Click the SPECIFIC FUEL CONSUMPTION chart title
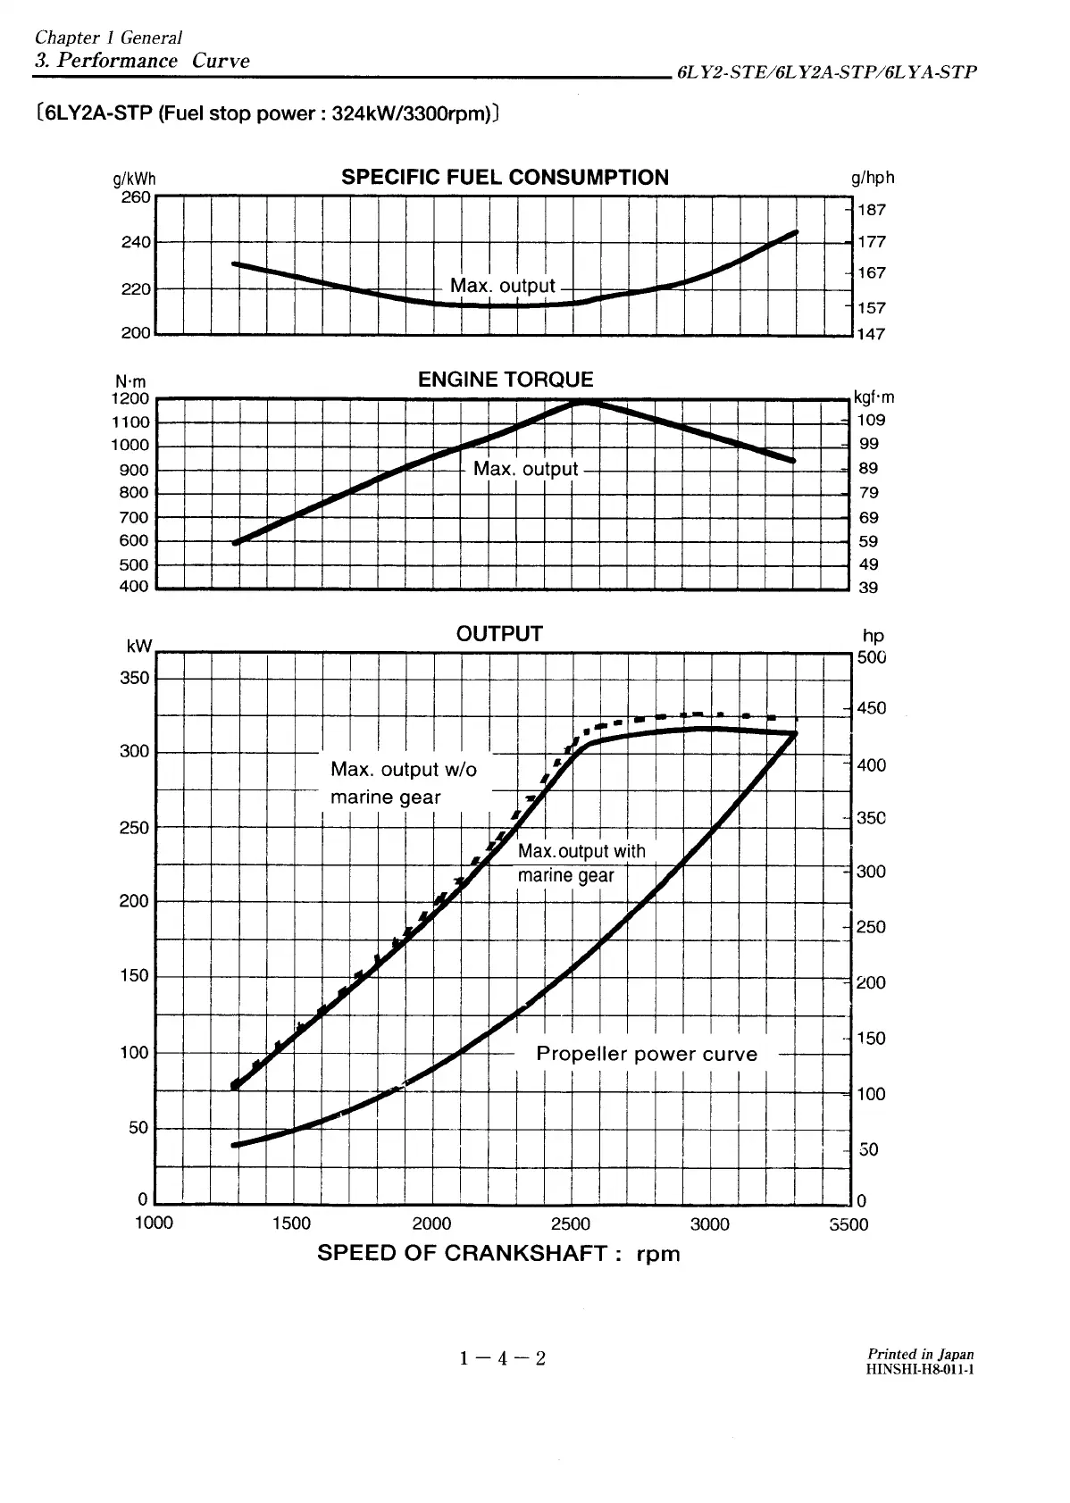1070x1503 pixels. (x=505, y=177)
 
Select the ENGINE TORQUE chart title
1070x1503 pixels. (x=506, y=380)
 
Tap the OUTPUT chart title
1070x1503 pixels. (x=499, y=634)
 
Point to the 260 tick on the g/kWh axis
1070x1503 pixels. (x=136, y=196)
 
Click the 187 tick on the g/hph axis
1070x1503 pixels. (x=872, y=210)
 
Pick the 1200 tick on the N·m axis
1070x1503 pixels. (x=130, y=399)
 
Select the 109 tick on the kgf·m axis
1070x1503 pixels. (x=871, y=421)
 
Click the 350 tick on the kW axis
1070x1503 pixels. (x=134, y=678)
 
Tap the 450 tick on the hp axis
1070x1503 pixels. (x=872, y=708)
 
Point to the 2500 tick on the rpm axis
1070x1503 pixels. (x=571, y=1223)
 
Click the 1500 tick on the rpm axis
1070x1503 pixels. (x=291, y=1223)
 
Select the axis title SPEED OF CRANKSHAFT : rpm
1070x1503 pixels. (x=498, y=1253)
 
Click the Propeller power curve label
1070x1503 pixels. (x=647, y=1054)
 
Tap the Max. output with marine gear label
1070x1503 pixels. (x=581, y=864)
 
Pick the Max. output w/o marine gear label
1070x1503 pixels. (x=404, y=782)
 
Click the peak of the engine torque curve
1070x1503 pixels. (x=583, y=402)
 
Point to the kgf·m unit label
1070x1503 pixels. (x=874, y=397)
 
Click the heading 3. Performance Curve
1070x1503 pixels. (x=141, y=61)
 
